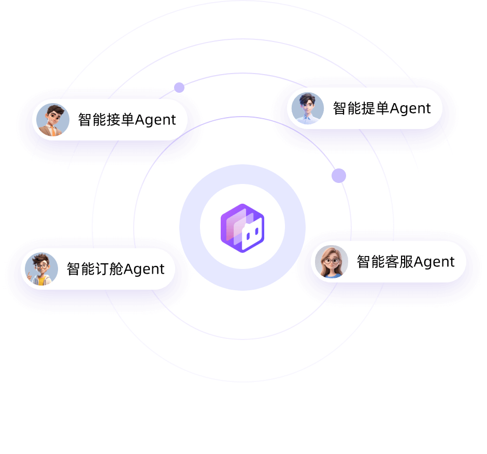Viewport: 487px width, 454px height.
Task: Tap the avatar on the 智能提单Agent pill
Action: point(307,108)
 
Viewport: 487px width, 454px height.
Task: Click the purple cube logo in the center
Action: point(242,227)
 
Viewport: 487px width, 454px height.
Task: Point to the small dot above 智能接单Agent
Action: point(179,88)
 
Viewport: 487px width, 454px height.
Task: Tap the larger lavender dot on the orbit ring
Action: point(339,176)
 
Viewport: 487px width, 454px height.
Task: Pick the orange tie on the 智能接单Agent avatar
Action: point(54,132)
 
